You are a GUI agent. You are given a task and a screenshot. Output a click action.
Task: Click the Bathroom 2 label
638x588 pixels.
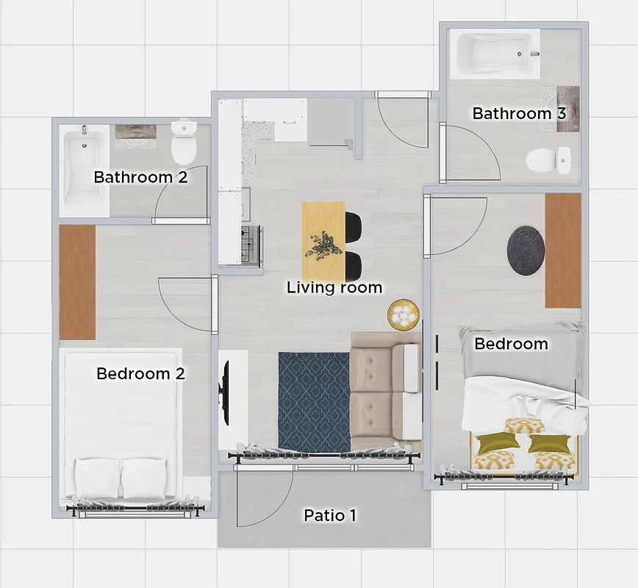point(140,177)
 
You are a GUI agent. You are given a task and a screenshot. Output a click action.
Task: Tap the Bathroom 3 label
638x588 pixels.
point(520,113)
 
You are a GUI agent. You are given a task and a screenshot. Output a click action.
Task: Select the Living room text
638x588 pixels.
point(334,287)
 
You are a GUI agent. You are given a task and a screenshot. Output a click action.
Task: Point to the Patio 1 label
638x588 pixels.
point(330,516)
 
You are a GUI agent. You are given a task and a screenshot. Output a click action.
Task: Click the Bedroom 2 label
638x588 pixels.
point(140,373)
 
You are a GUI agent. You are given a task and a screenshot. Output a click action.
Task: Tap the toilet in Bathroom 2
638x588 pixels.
point(183,143)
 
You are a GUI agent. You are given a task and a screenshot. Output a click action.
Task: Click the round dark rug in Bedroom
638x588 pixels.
point(526,250)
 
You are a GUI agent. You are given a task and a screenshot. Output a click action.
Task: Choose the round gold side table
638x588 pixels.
point(404,315)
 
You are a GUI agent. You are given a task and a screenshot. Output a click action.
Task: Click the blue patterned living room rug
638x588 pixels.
point(314,401)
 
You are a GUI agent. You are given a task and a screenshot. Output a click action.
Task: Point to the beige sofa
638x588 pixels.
point(386,391)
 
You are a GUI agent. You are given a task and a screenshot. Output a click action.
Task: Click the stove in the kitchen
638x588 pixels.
point(252,243)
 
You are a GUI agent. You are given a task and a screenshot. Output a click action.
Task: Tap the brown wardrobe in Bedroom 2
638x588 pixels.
point(77,282)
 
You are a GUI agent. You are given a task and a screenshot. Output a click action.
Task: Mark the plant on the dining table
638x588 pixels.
point(323,245)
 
